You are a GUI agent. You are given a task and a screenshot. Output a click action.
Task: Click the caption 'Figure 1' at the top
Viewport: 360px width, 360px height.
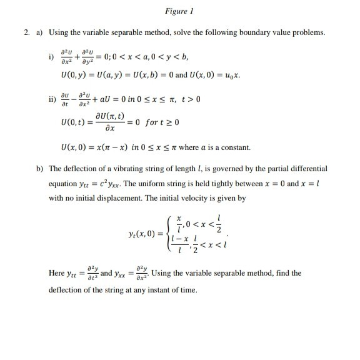click(x=180, y=11)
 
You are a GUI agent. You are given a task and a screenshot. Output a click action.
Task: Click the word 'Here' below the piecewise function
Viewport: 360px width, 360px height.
click(x=57, y=273)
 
